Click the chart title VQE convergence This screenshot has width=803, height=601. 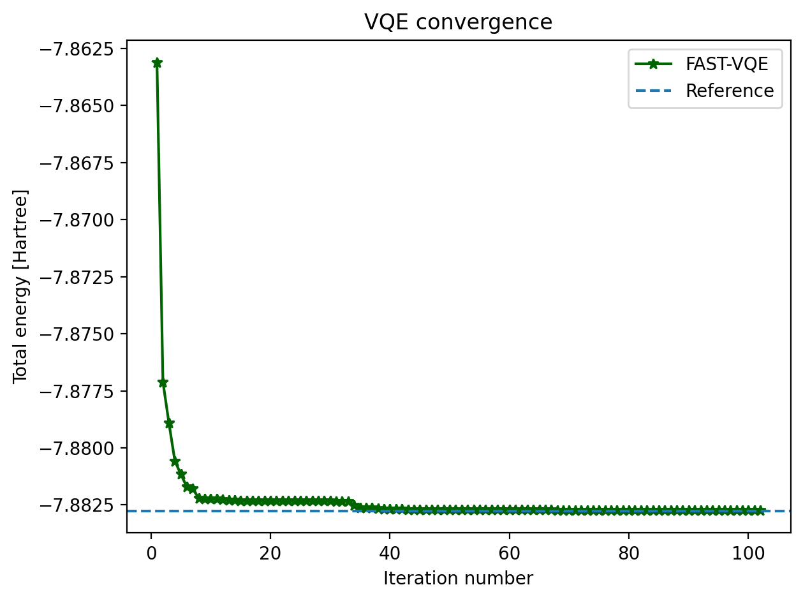pos(458,22)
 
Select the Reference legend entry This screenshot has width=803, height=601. pos(730,91)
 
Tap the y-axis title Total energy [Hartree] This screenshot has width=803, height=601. pos(20,286)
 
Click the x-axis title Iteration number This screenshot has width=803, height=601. pos(458,579)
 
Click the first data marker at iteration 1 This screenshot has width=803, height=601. pos(157,63)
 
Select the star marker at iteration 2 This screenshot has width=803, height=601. pos(163,383)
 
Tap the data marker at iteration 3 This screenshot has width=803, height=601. pos(169,424)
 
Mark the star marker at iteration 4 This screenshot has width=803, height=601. pos(175,461)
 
